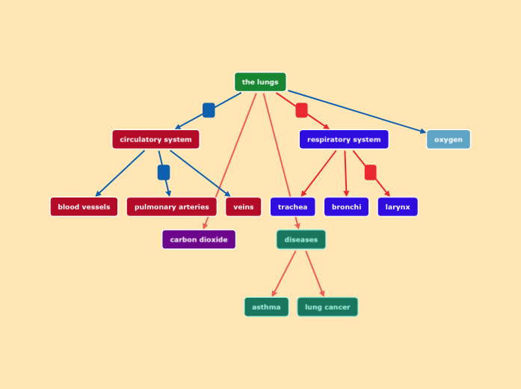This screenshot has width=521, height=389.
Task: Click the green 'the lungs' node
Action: pyautogui.click(x=260, y=82)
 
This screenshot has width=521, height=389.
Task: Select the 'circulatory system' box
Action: pyautogui.click(x=155, y=140)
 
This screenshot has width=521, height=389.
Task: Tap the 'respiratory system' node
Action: pyautogui.click(x=344, y=140)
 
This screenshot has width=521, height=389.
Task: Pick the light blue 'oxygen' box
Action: pyautogui.click(x=448, y=140)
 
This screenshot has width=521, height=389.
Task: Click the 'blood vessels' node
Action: pyautogui.click(x=84, y=207)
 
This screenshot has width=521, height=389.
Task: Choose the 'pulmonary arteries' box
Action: pyautogui.click(x=171, y=207)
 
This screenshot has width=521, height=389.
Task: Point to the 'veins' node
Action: pyautogui.click(x=244, y=207)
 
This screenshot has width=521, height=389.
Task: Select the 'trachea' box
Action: pyautogui.click(x=292, y=207)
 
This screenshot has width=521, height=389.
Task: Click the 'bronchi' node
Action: pyautogui.click(x=346, y=207)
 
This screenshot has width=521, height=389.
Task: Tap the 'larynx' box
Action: pyautogui.click(x=398, y=207)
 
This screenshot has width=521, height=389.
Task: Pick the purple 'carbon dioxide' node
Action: pyautogui.click(x=199, y=240)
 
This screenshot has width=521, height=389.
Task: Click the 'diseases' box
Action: pyautogui.click(x=301, y=240)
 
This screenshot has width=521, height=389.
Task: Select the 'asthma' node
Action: pyautogui.click(x=266, y=307)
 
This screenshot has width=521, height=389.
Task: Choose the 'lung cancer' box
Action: pyautogui.click(x=327, y=307)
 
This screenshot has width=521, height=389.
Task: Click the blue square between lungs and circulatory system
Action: pyautogui.click(x=209, y=111)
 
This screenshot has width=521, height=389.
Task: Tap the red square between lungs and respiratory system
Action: pyautogui.click(x=301, y=111)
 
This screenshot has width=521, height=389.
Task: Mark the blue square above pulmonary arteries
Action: pyautogui.click(x=164, y=173)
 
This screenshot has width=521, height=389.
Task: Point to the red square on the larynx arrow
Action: pyautogui.click(x=371, y=173)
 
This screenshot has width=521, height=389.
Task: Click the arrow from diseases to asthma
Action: pyautogui.click(x=284, y=274)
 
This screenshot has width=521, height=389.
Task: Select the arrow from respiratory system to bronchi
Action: pyautogui.click(x=345, y=174)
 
